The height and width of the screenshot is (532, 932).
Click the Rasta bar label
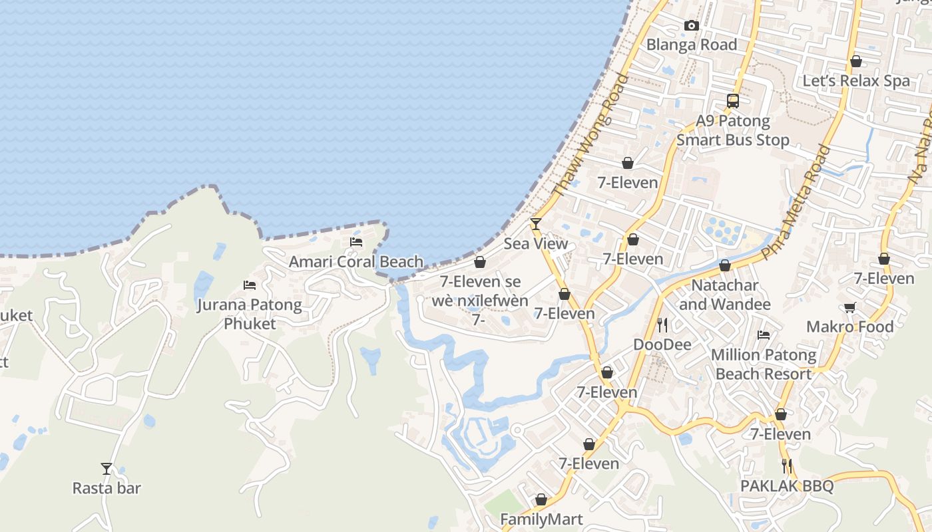[x=107, y=488]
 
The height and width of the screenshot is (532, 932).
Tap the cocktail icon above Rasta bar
[x=107, y=469]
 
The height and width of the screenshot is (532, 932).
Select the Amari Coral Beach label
[x=356, y=262]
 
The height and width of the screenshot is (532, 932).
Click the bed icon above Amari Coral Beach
[x=356, y=242]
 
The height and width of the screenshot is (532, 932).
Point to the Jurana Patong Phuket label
[x=250, y=315]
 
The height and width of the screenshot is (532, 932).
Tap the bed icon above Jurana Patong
[x=250, y=285]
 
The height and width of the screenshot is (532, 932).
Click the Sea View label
[x=536, y=243]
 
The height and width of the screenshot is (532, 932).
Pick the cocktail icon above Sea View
[x=536, y=223]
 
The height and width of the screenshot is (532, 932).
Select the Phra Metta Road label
[x=797, y=203]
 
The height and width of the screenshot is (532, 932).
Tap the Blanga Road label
[x=692, y=45]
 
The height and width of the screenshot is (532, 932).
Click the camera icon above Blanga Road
[x=692, y=26]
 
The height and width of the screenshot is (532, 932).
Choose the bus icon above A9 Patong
[x=733, y=101]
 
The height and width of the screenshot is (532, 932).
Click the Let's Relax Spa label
[x=856, y=80]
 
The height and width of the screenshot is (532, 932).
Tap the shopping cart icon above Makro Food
[x=849, y=307]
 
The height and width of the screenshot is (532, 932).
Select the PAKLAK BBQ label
[x=787, y=486]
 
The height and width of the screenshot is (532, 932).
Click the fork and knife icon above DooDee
[x=662, y=325]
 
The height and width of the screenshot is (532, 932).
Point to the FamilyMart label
[x=541, y=519]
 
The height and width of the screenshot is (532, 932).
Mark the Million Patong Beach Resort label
[x=764, y=364]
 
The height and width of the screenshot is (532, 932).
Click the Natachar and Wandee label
[x=725, y=295]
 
